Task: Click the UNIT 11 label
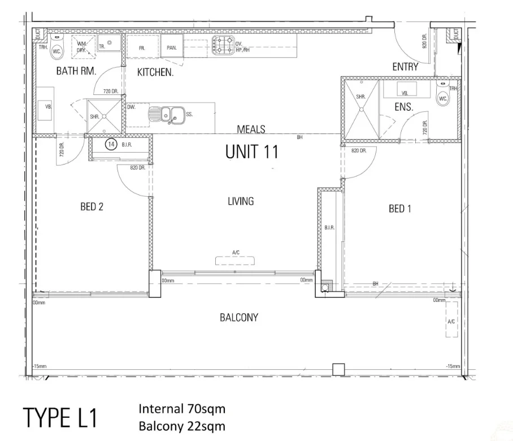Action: [251, 152]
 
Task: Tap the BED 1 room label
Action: [400, 209]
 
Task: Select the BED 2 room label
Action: [92, 207]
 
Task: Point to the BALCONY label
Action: [238, 317]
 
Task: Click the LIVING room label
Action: [241, 201]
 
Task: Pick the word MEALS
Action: [251, 129]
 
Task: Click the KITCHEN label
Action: [155, 72]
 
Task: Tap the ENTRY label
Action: [405, 67]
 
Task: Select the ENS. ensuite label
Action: [403, 106]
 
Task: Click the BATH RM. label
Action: [76, 71]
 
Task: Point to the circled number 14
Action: [111, 145]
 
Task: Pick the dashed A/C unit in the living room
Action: [237, 260]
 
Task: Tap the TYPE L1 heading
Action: [60, 418]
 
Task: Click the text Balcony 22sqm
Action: [181, 426]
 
